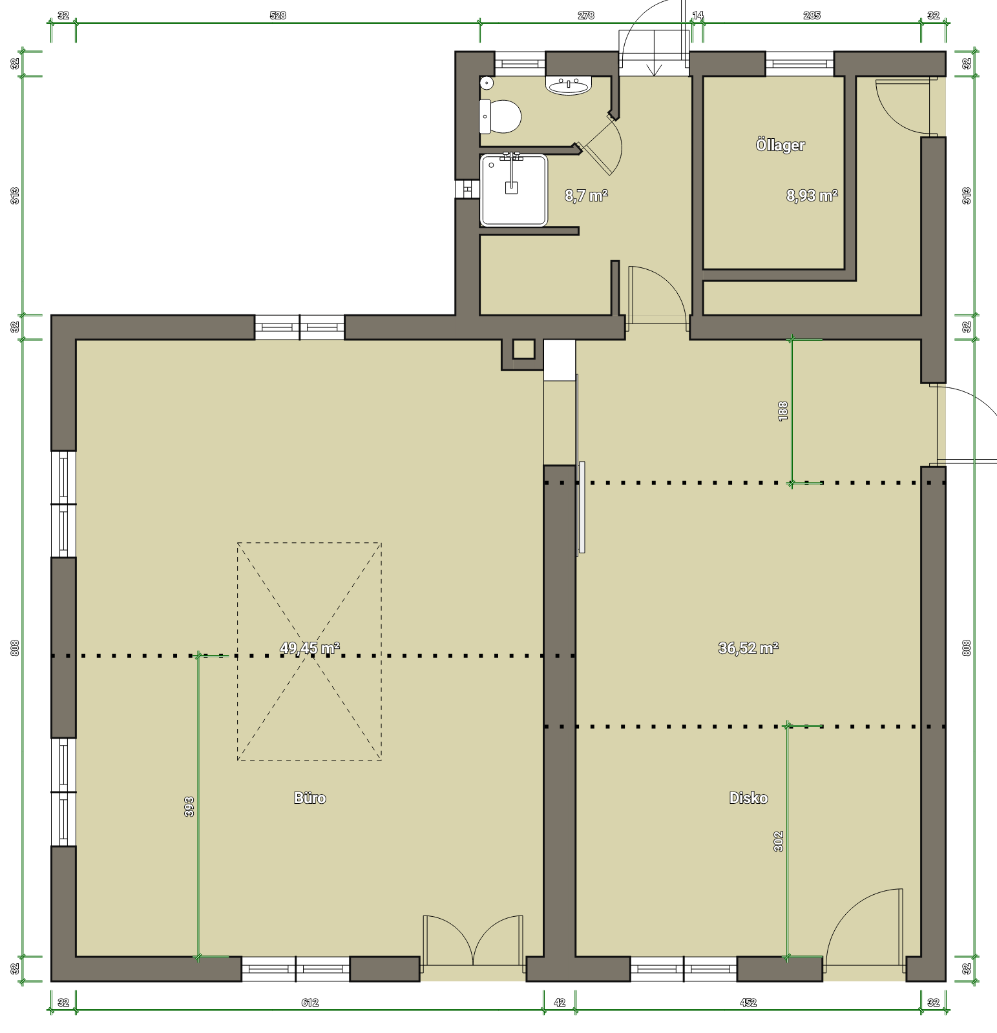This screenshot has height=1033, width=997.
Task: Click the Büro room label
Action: (310, 798)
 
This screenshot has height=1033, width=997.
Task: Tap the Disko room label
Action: (748, 798)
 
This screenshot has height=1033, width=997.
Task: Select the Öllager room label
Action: (781, 145)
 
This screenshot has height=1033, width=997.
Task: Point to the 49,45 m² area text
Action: (310, 648)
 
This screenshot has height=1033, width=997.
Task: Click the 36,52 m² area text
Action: (748, 648)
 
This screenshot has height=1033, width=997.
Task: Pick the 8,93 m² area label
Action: (812, 196)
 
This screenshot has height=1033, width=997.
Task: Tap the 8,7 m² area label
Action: (587, 196)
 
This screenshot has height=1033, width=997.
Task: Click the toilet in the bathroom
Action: (500, 116)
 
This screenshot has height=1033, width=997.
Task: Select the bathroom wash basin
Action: (569, 85)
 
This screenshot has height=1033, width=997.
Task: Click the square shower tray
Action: (514, 190)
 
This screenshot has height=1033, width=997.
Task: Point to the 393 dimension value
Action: (189, 807)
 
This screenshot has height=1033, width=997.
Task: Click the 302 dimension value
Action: (779, 841)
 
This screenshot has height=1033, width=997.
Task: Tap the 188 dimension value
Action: (784, 411)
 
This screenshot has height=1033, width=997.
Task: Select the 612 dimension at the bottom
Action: (310, 1003)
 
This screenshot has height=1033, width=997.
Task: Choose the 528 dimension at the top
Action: (278, 15)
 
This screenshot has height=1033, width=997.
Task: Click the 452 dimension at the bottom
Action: (748, 1003)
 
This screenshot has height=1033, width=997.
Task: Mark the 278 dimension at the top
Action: (586, 15)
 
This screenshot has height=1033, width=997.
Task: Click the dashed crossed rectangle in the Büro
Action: (310, 651)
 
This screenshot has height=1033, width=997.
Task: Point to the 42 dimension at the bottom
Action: (560, 1003)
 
